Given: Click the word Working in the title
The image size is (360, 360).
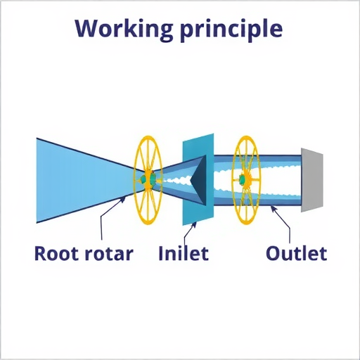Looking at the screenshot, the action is [x=124, y=29].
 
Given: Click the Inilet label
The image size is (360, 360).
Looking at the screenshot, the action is [x=184, y=253].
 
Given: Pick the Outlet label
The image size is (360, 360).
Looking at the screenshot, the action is [x=297, y=253].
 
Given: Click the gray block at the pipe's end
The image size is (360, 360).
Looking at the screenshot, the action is [x=312, y=180].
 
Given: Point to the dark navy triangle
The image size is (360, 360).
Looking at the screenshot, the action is [x=198, y=180].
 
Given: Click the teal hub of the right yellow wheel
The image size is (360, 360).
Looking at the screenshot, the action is [x=243, y=179].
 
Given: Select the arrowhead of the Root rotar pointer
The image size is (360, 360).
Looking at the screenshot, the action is [x=123, y=200].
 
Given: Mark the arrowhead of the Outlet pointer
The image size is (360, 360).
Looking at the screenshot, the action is [x=274, y=208].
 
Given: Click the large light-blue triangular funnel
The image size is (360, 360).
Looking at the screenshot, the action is [x=77, y=181].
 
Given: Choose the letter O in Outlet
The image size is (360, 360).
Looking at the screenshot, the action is [x=274, y=253].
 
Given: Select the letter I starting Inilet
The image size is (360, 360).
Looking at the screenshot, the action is [x=161, y=253].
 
